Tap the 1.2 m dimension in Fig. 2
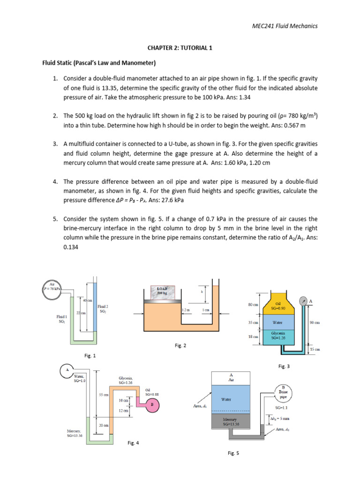186,310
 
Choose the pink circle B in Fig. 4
151,404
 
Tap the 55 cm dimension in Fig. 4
104,395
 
